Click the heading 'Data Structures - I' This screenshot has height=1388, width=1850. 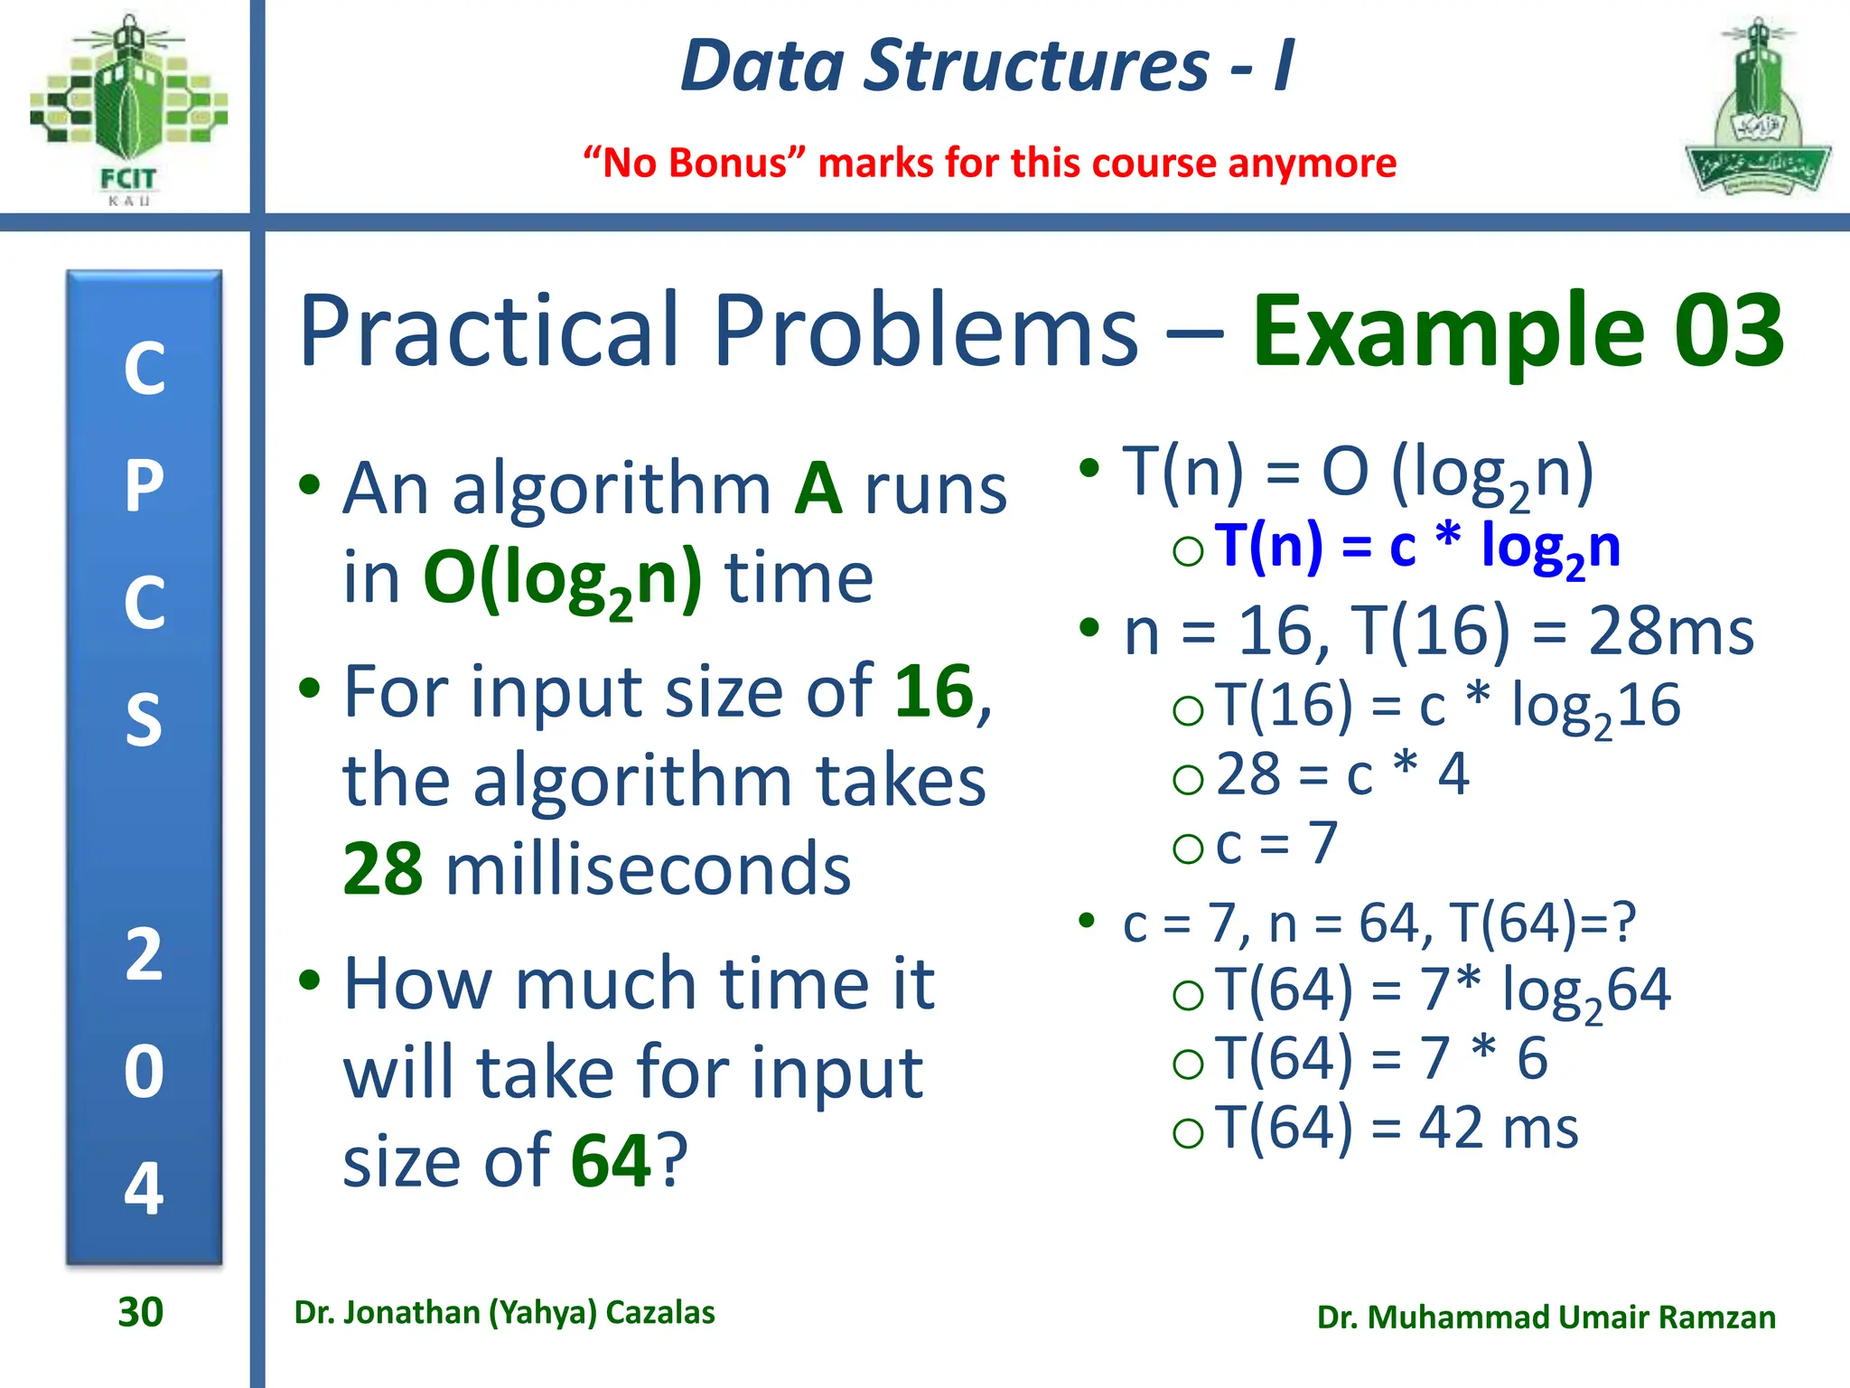tap(986, 66)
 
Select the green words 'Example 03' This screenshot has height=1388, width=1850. tap(1518, 330)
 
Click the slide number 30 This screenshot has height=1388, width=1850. tap(140, 1312)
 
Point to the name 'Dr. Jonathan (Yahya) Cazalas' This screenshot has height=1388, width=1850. tap(504, 1312)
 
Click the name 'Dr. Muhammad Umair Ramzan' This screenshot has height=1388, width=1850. tap(1546, 1317)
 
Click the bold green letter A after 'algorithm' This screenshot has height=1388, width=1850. tap(818, 489)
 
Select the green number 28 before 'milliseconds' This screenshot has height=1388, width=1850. tap(382, 869)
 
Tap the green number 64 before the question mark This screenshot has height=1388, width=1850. tap(611, 1161)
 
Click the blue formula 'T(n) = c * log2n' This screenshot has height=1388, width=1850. tap(1416, 548)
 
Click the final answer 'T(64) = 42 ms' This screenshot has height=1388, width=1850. tap(1396, 1128)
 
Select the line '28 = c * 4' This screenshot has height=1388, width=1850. tap(1342, 774)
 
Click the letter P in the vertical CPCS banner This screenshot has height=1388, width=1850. tap(144, 486)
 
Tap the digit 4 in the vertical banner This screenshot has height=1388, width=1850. tap(144, 1187)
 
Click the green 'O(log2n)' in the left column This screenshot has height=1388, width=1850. tap(562, 578)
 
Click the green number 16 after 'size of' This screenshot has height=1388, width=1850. tap(934, 691)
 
